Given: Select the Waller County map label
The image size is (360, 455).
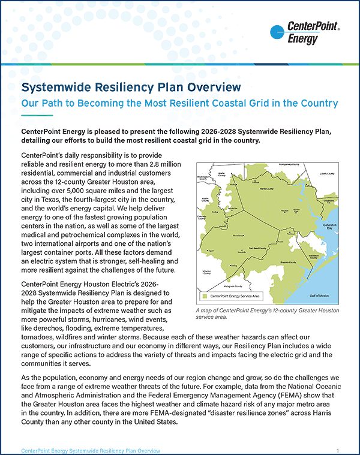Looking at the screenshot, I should tap(221, 175).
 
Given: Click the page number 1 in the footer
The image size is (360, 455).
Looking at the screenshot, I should tap(338, 450).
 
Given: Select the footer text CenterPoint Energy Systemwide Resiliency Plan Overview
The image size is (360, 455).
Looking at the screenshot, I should tap(90, 450).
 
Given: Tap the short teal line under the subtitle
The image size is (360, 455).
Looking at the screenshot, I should tap(37, 114).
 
